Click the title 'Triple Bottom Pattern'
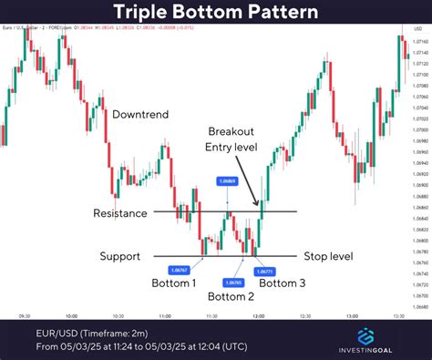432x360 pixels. tap(216, 13)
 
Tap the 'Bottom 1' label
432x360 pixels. tap(173, 283)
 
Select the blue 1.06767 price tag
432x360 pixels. tap(179, 269)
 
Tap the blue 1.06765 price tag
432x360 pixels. tap(233, 269)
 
